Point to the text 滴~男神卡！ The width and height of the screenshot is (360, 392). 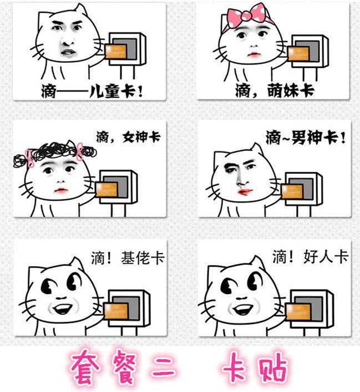click(x=305, y=137)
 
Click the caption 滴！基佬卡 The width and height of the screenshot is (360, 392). click(x=128, y=258)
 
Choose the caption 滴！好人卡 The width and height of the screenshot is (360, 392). click(x=309, y=257)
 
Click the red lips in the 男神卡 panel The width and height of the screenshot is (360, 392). click(x=245, y=191)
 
